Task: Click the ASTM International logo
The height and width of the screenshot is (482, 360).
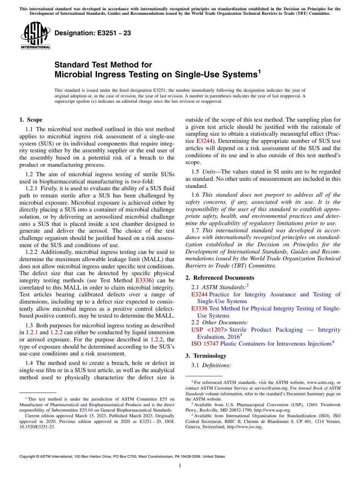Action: [x=35, y=36]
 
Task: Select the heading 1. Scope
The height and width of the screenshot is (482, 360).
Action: [x=31, y=120]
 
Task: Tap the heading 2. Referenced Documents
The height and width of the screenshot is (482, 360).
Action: [x=220, y=278]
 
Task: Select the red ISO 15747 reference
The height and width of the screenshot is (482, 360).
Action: [x=205, y=344]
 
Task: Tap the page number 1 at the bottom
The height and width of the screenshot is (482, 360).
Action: [x=180, y=466]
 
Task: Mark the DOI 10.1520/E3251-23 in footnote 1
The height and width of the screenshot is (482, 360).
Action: [x=37, y=427]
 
